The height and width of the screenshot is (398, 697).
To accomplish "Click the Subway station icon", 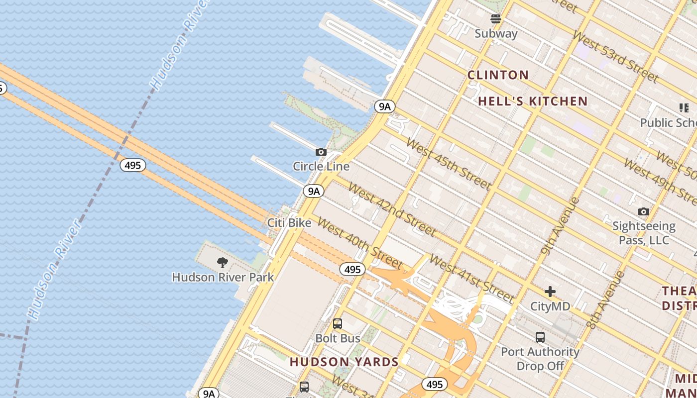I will coord(495,19).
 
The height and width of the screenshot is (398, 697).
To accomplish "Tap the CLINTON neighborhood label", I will coord(498,75).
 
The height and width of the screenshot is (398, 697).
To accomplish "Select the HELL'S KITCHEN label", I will coord(533,101).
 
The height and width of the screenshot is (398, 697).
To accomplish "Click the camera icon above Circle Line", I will coord(321,152).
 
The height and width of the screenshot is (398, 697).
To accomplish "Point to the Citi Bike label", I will coord(289,223).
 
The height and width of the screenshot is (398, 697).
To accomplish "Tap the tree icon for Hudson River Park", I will coord(223,262).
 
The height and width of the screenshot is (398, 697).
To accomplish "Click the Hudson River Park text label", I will coord(223,277).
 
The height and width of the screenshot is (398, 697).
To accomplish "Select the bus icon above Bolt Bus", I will coord(338,324).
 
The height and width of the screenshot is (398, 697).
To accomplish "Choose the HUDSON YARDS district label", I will coord(344,362).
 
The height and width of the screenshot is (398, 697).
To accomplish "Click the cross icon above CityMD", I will coord(550,292).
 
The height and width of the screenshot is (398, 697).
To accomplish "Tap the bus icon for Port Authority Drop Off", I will coord(540,337).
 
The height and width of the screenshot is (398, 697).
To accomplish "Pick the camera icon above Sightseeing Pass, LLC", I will coord(643,212).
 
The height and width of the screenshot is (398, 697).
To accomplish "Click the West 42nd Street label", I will coord(392,209).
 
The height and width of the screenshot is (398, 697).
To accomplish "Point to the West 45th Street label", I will coord(449,164).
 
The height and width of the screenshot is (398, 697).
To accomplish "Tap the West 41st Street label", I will coord(471,279).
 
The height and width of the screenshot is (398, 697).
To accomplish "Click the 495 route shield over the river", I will coord(133,165).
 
